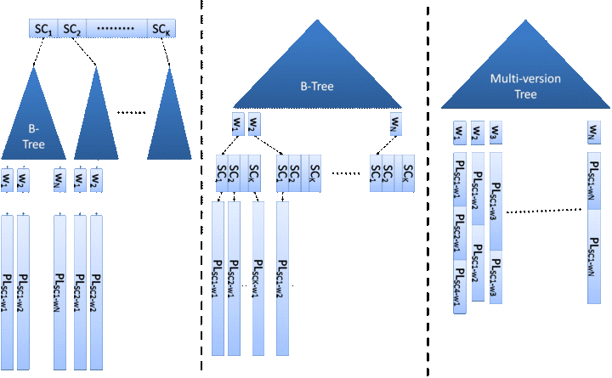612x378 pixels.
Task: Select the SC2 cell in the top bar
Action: click(x=71, y=30)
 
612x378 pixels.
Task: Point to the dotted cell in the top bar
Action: click(x=116, y=30)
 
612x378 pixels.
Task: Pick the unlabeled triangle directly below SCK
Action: click(x=170, y=123)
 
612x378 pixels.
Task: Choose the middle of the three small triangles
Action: click(x=96, y=123)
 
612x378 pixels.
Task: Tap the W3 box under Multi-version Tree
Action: click(x=496, y=134)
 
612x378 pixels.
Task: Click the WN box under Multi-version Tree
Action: click(x=593, y=134)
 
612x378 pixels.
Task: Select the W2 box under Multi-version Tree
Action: click(x=477, y=134)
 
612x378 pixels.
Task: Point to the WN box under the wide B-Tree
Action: click(x=396, y=123)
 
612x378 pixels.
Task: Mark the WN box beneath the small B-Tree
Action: click(x=59, y=181)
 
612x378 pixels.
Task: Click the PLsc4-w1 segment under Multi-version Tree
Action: click(x=460, y=285)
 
